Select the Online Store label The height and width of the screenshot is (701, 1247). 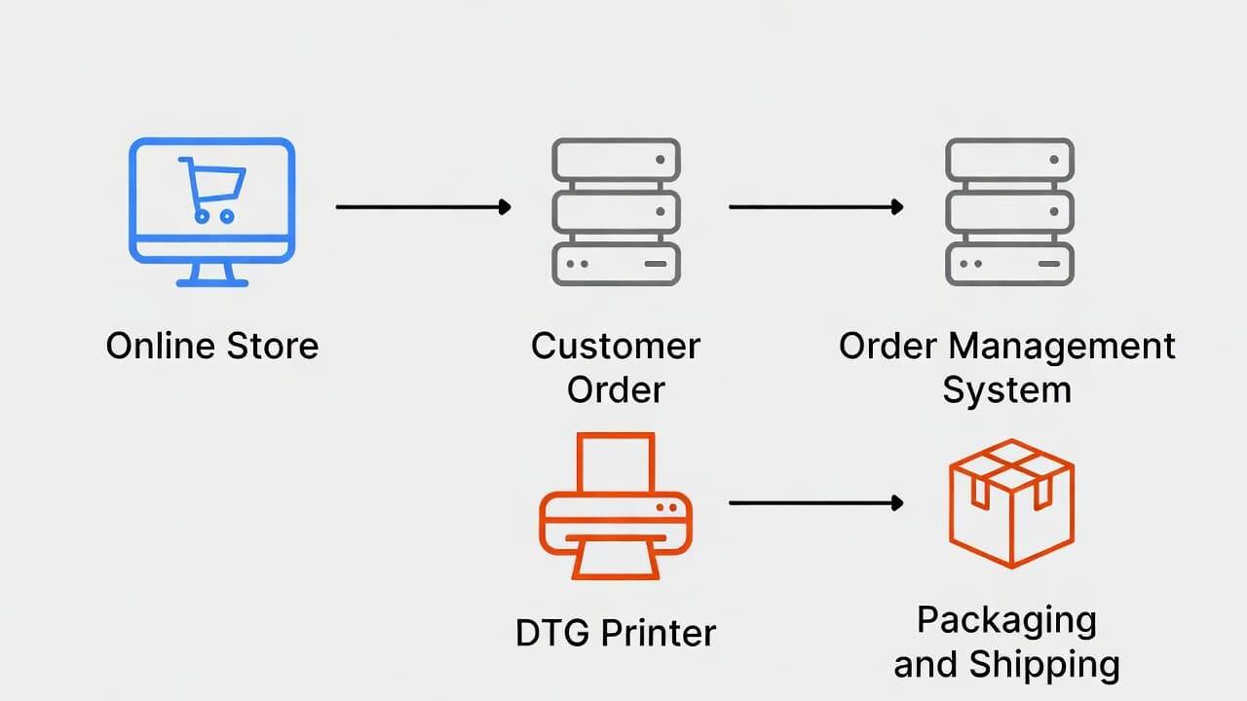[x=211, y=347]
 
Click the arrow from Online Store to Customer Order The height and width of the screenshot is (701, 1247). [x=423, y=206]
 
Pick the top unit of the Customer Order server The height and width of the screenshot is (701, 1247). [x=616, y=159]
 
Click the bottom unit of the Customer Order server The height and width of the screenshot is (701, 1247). [x=616, y=263]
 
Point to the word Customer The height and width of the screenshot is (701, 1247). [x=616, y=347]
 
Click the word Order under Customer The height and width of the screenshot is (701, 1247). [x=616, y=390]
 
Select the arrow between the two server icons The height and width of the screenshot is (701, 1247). [x=815, y=206]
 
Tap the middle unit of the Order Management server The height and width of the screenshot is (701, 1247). [x=1009, y=211]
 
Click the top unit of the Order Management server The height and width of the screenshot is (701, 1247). [x=1009, y=159]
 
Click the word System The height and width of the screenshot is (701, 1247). [x=1007, y=390]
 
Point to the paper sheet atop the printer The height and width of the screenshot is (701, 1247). [x=616, y=462]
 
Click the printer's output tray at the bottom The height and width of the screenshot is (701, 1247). [x=616, y=562]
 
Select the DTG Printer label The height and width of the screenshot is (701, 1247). [x=616, y=634]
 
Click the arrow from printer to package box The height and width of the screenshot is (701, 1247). [x=815, y=502]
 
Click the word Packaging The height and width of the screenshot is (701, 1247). [x=1007, y=620]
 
